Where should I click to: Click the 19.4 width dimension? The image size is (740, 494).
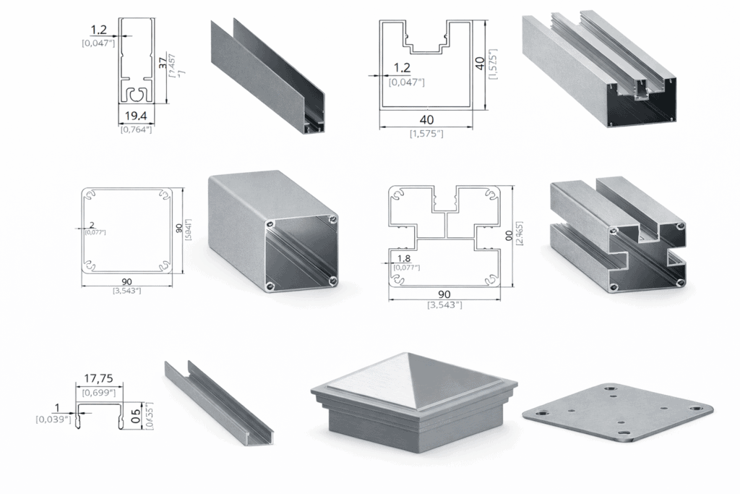[x=135, y=116]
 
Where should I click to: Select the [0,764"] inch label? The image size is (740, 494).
[x=135, y=130]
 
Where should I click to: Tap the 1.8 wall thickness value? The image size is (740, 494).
[x=403, y=257]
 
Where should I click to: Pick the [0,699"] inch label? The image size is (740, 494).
[x=99, y=392]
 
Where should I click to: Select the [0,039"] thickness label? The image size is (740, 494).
[x=53, y=419]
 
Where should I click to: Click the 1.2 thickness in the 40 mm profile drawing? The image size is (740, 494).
[x=403, y=68]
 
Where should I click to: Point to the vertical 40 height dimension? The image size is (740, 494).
[x=479, y=64]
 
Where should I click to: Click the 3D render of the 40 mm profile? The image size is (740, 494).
[x=600, y=69]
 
